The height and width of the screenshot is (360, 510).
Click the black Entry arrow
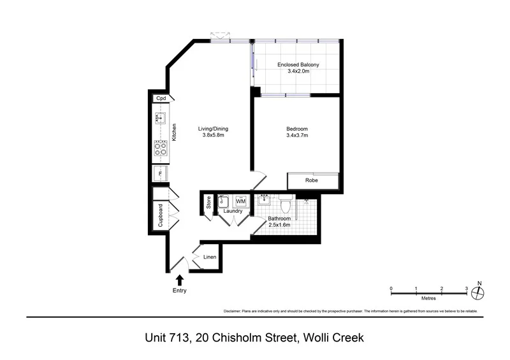coord(180,279)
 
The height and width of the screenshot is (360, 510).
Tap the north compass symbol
coord(480,292)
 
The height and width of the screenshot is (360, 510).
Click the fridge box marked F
coord(160,174)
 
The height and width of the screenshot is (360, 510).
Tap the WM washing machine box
coord(241,201)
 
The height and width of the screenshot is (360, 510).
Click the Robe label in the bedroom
coord(312,180)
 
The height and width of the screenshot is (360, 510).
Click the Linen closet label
coord(210,257)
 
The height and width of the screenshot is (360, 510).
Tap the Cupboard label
coord(160,215)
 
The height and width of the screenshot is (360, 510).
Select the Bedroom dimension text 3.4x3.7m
coord(297,135)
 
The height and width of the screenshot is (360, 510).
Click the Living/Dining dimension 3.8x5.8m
coord(214,135)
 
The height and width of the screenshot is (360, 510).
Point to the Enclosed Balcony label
coord(298,65)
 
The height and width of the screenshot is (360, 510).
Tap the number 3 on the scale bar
coord(467,289)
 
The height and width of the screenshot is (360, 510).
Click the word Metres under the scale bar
coord(428,298)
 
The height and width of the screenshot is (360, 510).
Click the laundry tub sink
coord(224,201)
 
